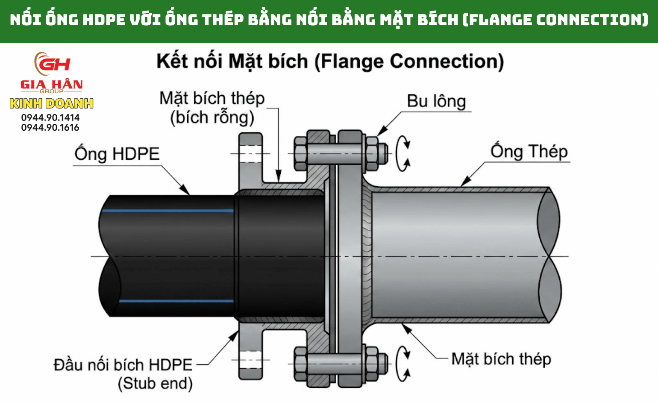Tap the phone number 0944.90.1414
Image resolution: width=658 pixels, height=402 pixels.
[50, 117]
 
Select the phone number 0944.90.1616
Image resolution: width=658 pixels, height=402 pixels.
[50, 127]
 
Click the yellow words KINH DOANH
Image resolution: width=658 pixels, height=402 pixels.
[52, 103]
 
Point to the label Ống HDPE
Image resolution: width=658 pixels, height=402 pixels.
[117, 154]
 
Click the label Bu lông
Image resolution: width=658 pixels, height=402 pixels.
[436, 101]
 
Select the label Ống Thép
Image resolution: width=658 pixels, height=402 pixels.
[529, 152]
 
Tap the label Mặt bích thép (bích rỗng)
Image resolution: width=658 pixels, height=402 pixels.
[212, 108]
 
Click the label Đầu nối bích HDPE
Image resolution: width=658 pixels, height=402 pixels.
[123, 365]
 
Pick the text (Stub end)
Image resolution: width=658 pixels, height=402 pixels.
[155, 383]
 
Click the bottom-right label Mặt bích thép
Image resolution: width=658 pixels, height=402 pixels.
[501, 359]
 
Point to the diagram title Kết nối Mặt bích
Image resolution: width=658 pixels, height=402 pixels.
[330, 62]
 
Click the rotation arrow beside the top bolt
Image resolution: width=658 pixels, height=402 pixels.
[403, 154]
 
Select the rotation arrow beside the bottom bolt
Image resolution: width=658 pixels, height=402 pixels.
[403, 364]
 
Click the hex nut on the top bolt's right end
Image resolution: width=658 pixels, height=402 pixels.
[372, 153]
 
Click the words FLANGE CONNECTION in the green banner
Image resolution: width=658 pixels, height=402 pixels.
[555, 20]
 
